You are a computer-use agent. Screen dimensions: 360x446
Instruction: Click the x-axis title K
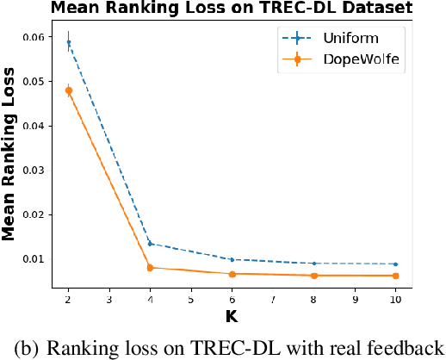(x=231, y=316)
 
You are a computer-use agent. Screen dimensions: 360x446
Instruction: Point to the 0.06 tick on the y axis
(x=31, y=37)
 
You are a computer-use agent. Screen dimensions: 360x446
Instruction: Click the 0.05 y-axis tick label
(x=31, y=82)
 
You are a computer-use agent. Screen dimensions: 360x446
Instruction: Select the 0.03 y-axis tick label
(x=31, y=171)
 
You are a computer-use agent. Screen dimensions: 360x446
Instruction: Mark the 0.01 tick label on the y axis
(x=31, y=259)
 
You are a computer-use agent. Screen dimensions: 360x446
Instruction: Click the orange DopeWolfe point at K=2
(x=68, y=90)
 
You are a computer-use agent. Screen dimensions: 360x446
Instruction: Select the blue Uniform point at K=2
(x=68, y=42)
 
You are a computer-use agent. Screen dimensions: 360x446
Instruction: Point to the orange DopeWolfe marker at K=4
(x=150, y=268)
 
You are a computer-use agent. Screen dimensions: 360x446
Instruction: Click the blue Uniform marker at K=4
(x=150, y=244)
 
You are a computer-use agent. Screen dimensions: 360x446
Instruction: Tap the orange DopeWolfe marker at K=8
(x=313, y=276)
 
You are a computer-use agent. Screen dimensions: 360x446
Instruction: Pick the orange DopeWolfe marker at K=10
(x=395, y=276)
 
